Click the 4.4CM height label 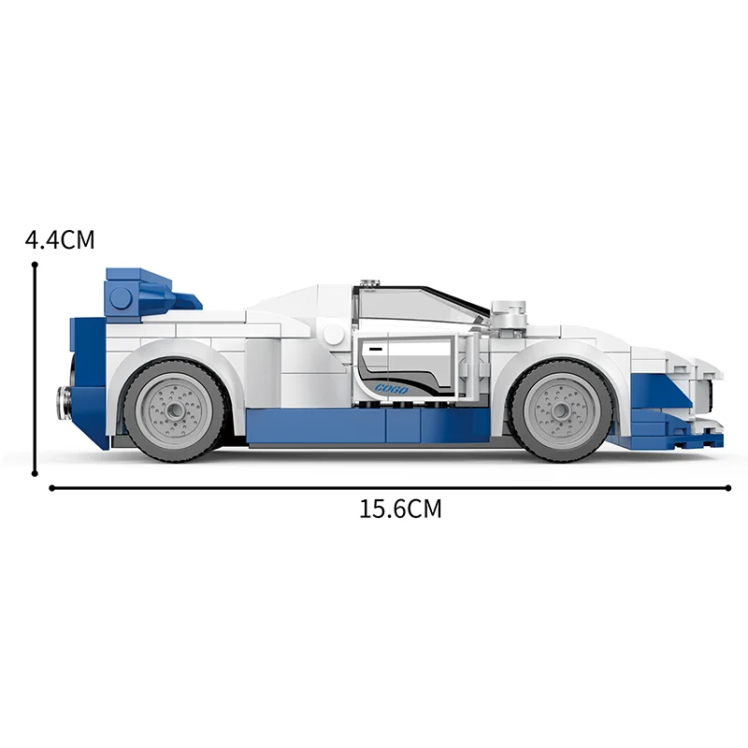tap(60, 239)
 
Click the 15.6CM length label tap(400, 509)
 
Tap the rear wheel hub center tap(174, 410)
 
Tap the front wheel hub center tap(559, 410)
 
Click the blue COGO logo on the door tap(391, 389)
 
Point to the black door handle tap(376, 350)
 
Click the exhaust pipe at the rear tap(64, 403)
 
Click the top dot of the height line tap(35, 265)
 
